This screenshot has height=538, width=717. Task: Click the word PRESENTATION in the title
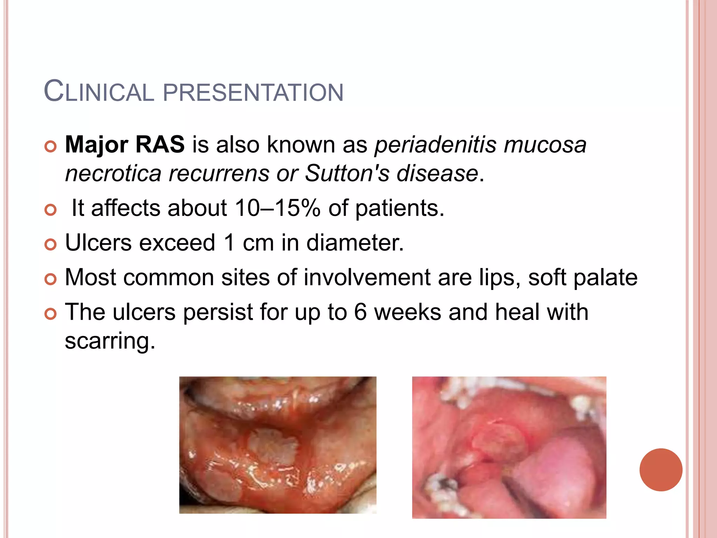pos(253,92)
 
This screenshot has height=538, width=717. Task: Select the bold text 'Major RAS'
pos(125,144)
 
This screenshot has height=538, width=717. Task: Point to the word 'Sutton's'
pos(347,173)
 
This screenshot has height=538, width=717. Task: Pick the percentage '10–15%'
pos(277,208)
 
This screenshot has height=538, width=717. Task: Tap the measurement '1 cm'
pos(249,242)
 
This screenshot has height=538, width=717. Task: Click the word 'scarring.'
pos(110,340)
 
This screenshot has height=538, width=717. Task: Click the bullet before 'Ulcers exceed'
pos(51,244)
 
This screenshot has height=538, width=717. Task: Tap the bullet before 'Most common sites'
pos(51,279)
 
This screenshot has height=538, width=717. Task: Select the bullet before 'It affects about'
pos(51,210)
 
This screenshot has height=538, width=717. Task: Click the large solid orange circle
pos(661,470)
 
